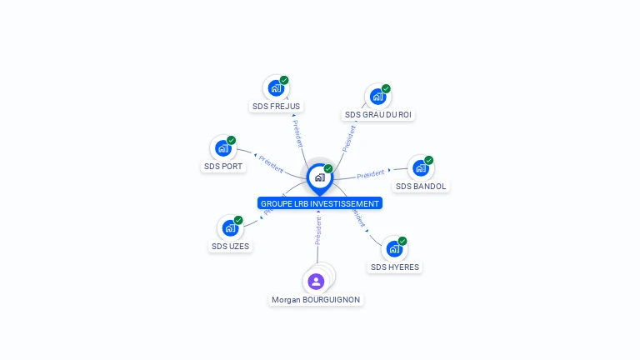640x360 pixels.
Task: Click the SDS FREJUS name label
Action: pos(277,107)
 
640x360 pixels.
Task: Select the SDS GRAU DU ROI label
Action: pos(378,114)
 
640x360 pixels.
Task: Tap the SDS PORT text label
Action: pos(223,167)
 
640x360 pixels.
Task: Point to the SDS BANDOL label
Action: pos(421,186)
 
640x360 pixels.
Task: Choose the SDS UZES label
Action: pos(230,246)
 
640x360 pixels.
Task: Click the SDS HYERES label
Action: pos(395,267)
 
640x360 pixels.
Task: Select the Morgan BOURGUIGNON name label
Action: pos(316,299)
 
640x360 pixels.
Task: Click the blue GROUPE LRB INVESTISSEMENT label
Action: pos(320,203)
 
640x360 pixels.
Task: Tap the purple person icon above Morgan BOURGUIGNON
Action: pos(316,282)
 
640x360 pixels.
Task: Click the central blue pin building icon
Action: pos(318,177)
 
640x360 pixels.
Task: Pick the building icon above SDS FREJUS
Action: pos(275,87)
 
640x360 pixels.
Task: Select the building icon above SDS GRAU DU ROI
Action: pos(377,96)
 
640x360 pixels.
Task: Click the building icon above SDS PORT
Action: pos(222,148)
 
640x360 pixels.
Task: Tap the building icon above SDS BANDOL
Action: pos(420,167)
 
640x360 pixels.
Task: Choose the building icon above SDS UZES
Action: pos(229,227)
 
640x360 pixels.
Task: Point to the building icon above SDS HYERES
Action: pos(393,248)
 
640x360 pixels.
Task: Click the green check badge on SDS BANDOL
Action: pos(429,160)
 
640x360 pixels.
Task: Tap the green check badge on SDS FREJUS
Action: pos(284,80)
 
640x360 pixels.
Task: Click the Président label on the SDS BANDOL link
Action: pos(371,174)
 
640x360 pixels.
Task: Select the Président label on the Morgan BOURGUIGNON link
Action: pos(318,231)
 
